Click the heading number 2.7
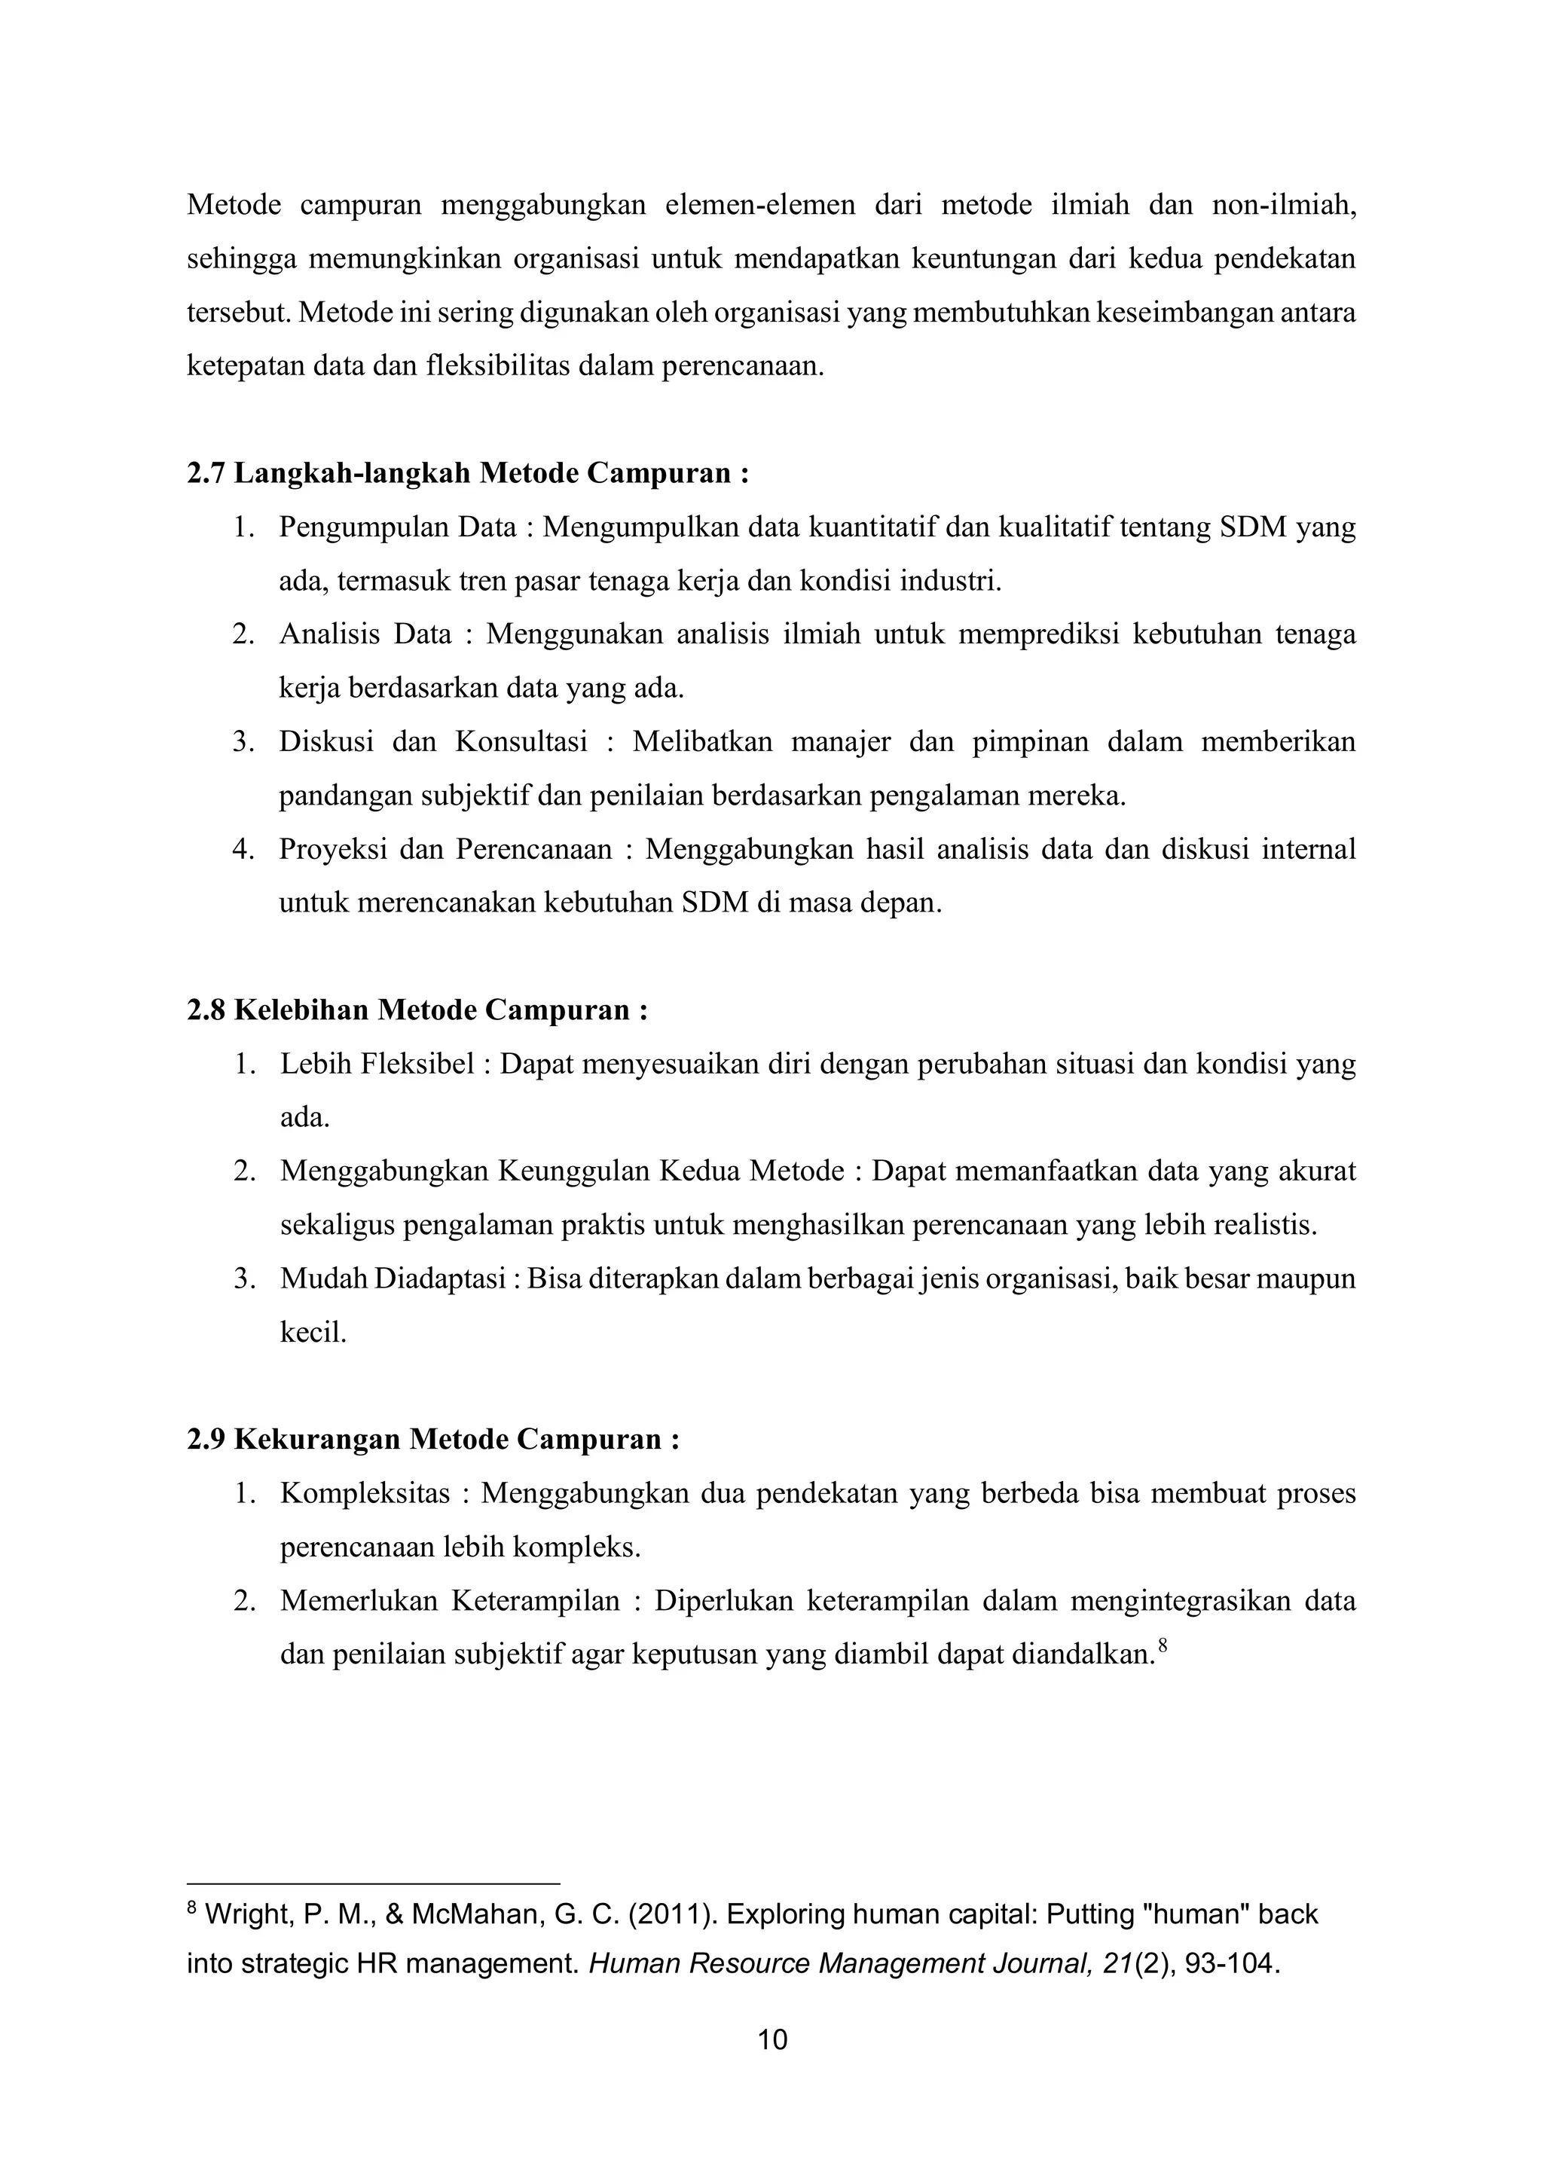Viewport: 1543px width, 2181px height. tap(206, 473)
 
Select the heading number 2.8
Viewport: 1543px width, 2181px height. tap(206, 1010)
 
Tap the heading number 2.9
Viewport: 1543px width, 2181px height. tap(206, 1439)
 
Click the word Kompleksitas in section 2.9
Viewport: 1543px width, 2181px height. tap(365, 1494)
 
